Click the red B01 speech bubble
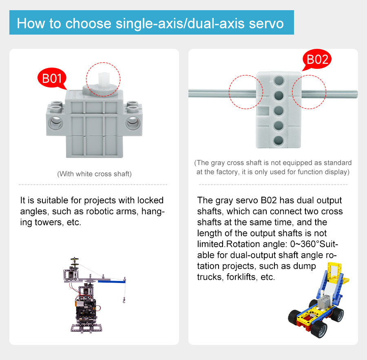click(x=52, y=78)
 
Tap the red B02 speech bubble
click(x=317, y=59)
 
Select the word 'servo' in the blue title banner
click(x=266, y=23)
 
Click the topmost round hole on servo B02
click(x=279, y=80)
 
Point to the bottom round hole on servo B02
click(x=279, y=141)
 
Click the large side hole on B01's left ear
click(x=56, y=123)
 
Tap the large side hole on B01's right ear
click(x=133, y=123)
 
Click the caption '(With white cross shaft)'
click(x=94, y=174)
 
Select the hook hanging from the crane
click(x=124, y=300)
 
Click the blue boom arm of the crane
click(x=112, y=281)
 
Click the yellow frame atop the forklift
click(x=335, y=272)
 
